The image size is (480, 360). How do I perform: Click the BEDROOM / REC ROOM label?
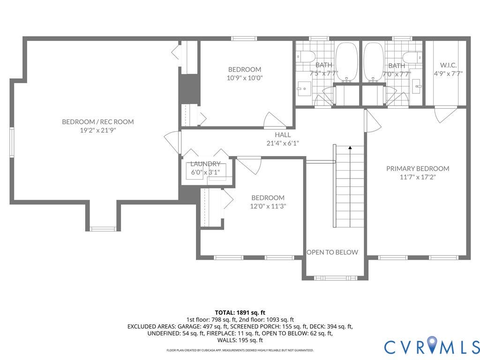click(x=98, y=122)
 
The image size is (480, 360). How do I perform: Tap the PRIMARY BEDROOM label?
click(x=418, y=169)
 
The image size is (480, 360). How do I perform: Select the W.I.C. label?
click(x=449, y=65)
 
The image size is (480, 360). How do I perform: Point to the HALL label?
click(x=283, y=135)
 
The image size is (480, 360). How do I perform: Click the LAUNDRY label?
click(x=205, y=164)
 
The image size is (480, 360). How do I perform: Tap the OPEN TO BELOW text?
click(x=332, y=252)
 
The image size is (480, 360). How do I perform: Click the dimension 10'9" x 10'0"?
click(x=245, y=78)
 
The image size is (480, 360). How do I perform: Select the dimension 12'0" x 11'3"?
click(x=268, y=206)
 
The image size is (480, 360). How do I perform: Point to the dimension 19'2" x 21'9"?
click(x=98, y=130)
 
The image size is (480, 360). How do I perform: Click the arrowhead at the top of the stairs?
click(x=350, y=148)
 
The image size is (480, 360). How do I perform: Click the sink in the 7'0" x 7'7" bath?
click(x=417, y=86)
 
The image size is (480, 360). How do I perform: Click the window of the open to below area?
click(x=336, y=278)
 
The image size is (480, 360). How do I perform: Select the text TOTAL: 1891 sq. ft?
click(x=240, y=313)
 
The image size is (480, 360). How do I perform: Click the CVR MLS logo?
click(x=432, y=346)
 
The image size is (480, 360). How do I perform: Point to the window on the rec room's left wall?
click(x=12, y=142)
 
